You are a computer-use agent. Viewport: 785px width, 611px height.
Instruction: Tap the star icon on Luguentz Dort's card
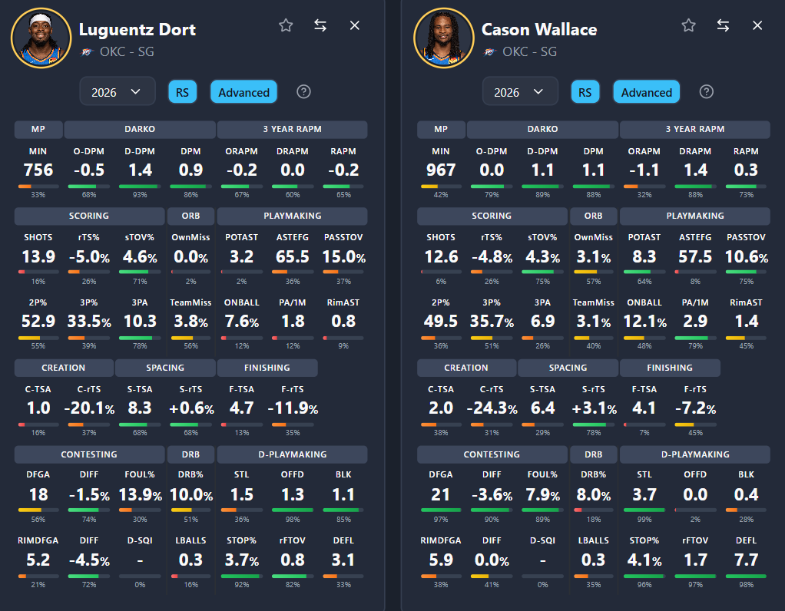286,25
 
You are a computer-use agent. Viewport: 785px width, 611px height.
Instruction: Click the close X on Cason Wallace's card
757,25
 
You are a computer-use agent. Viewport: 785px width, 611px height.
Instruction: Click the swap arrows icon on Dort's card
320,25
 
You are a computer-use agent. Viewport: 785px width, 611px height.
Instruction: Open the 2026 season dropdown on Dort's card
117,92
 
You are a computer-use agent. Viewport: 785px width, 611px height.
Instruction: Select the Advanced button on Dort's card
243,92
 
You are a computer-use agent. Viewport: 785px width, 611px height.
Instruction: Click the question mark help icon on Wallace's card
707,92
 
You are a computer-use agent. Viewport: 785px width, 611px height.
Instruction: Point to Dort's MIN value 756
38,170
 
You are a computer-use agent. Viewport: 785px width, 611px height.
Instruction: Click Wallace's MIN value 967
440,170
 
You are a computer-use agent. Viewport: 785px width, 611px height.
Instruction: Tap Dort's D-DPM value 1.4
140,170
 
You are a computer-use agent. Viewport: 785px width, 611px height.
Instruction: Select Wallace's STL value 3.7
644,494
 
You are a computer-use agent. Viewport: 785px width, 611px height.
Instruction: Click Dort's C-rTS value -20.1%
89,408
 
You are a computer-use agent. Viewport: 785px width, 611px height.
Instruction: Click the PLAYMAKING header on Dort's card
292,216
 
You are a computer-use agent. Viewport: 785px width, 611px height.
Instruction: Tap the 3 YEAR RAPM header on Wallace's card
694,129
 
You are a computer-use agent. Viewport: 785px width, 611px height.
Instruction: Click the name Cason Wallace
538,30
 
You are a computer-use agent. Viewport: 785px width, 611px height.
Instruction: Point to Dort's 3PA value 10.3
140,322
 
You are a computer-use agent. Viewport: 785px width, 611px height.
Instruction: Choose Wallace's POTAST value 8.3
644,256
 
